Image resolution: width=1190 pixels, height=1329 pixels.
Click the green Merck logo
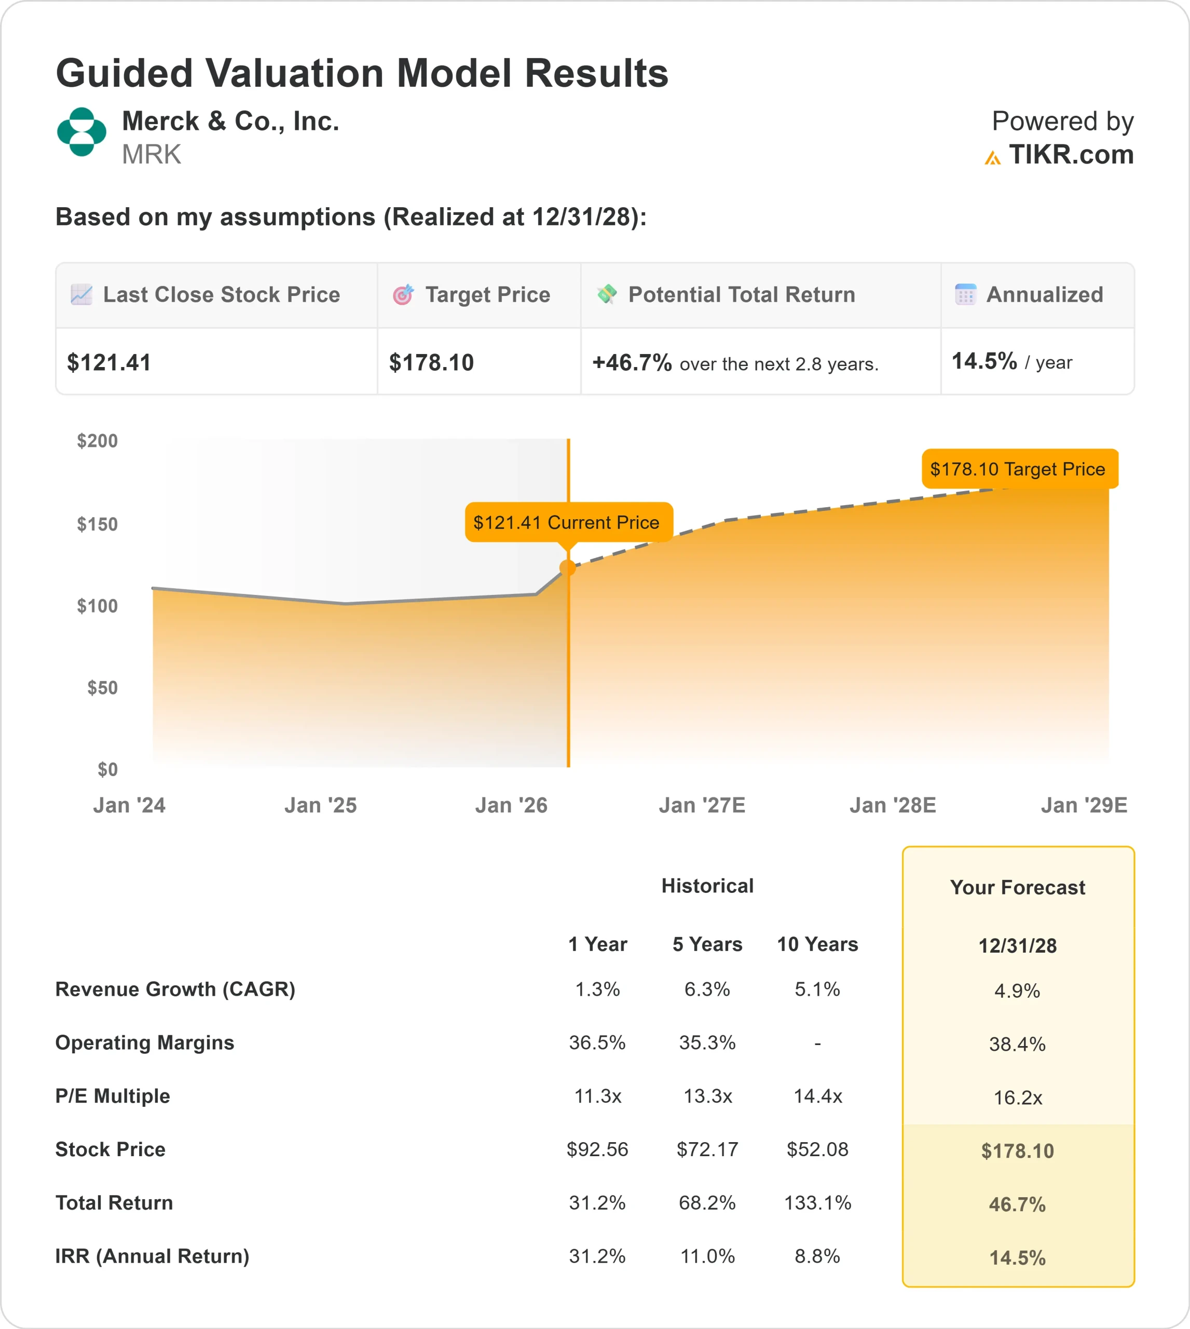(81, 132)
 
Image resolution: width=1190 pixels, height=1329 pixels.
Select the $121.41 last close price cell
(109, 362)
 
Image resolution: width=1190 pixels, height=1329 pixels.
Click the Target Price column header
(487, 295)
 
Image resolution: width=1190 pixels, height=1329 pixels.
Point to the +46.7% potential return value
(632, 362)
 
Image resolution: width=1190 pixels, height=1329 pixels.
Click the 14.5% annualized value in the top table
(984, 361)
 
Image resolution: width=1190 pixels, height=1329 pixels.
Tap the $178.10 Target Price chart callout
(1019, 469)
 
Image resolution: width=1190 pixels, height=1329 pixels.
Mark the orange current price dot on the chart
(568, 568)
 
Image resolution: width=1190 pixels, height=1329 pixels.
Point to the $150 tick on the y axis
(98, 524)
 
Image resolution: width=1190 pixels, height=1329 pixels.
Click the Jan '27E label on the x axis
(702, 805)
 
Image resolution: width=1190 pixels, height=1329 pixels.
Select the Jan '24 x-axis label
(129, 805)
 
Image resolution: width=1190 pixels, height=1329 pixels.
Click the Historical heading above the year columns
(707, 886)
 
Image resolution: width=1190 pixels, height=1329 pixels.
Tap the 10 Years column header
(817, 944)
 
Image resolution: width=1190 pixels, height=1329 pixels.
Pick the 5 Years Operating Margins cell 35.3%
(707, 1042)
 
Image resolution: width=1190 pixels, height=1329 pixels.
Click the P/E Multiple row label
(113, 1096)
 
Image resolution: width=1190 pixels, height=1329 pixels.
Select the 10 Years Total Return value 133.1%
(817, 1203)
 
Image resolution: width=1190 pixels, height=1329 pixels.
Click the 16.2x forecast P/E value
(1017, 1098)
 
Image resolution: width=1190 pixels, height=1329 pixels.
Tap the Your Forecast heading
(1017, 888)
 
